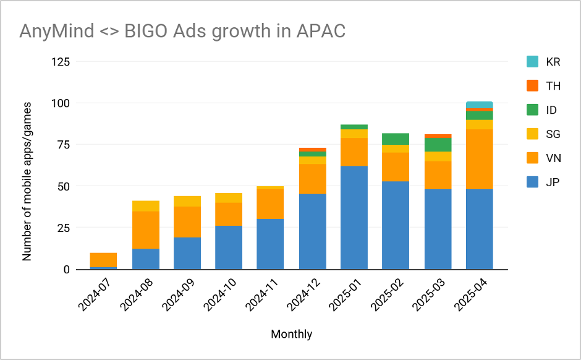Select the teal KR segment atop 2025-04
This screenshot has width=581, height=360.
point(479,105)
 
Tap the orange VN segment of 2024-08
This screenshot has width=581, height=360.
point(146,230)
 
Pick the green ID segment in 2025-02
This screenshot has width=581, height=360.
point(396,139)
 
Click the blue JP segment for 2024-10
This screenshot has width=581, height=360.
point(229,247)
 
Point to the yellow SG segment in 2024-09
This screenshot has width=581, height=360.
point(187,201)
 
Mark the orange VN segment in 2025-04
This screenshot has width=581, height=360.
point(479,159)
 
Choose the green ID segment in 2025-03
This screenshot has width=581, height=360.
point(438,145)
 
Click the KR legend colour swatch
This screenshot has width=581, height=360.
point(532,62)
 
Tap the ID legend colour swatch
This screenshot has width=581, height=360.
point(532,110)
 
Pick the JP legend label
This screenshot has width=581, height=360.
point(553,182)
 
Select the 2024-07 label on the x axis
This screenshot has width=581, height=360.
point(93,297)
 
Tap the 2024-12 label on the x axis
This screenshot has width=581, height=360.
point(301,297)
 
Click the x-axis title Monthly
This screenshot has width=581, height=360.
point(291,334)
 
